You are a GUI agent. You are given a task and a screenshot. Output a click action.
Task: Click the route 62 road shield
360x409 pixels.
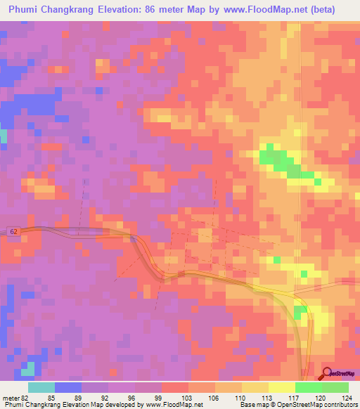14,231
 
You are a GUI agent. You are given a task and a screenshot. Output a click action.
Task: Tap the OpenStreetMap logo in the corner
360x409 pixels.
340,374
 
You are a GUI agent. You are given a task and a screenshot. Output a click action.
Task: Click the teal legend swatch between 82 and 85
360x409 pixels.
41,387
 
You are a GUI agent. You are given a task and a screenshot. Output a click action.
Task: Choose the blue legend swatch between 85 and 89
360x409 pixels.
68,387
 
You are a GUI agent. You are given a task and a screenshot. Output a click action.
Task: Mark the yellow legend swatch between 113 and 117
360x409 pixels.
281,387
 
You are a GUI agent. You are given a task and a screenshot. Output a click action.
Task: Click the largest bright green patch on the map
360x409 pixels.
281,160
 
